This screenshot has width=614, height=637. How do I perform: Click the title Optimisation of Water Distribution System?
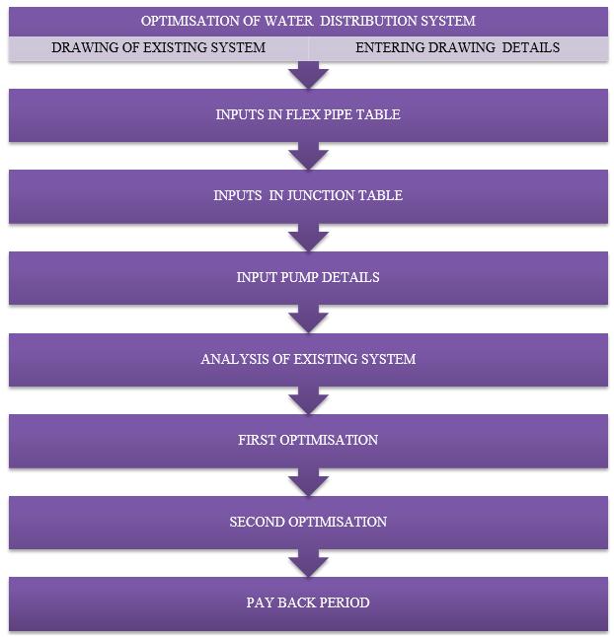pos(307,21)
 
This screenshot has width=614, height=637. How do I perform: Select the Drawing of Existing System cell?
pos(158,47)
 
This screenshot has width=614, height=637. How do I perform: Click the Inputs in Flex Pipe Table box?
pos(307,115)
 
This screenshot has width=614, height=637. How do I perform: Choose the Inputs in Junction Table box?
pos(307,196)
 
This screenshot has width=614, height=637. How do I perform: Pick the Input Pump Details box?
pos(307,277)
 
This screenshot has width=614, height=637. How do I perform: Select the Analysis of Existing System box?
pos(307,359)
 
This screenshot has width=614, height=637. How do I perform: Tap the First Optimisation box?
pos(307,440)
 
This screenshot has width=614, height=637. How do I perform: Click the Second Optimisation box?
pos(307,521)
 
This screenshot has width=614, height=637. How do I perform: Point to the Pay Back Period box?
pos(307,602)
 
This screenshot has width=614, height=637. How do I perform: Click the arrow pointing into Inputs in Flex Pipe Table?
pos(307,76)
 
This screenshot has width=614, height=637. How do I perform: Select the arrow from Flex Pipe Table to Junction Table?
pos(307,156)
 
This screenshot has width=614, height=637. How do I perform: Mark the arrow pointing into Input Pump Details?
pos(307,237)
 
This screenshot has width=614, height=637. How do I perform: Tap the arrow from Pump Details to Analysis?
pos(307,318)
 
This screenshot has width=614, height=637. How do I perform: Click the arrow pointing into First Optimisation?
pos(307,399)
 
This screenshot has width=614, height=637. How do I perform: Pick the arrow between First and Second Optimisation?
pos(307,480)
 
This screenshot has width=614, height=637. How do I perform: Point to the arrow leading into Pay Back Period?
pos(307,562)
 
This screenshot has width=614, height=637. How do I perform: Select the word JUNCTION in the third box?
pos(309,196)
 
